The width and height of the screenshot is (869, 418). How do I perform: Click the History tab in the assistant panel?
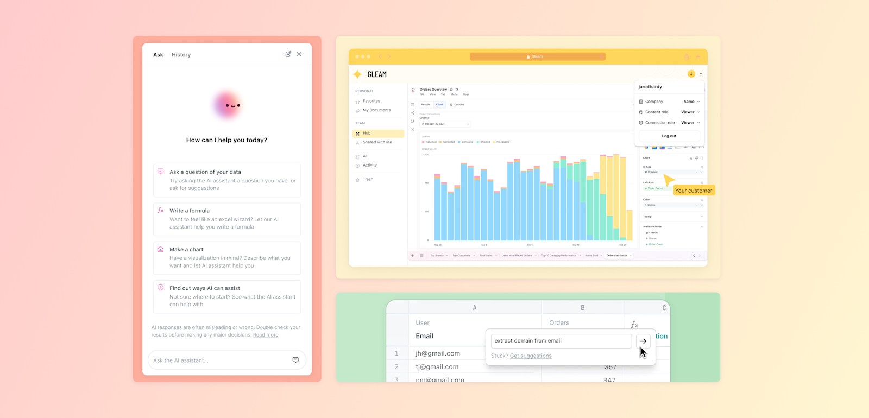click(181, 55)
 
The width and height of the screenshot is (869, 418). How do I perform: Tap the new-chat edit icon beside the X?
click(288, 54)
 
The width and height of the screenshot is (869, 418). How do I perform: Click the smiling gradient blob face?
click(228, 105)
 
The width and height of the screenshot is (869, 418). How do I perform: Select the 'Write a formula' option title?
click(189, 211)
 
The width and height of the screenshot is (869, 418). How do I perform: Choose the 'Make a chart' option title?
click(186, 250)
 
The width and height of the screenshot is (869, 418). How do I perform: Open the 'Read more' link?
click(266, 335)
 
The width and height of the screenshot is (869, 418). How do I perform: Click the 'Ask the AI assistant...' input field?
click(220, 360)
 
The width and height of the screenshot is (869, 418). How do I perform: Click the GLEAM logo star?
click(357, 74)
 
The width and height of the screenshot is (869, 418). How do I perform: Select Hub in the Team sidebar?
click(367, 134)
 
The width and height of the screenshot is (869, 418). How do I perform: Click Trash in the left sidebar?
click(368, 179)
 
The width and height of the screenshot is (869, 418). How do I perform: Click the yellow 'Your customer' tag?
click(694, 191)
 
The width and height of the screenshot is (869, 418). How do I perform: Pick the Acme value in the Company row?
click(689, 102)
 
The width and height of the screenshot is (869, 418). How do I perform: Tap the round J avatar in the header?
click(691, 74)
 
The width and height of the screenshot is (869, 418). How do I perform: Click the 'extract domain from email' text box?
click(561, 341)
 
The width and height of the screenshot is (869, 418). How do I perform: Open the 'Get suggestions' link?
click(531, 356)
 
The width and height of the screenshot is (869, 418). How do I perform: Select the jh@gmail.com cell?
click(438, 353)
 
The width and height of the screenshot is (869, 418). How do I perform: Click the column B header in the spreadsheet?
click(582, 308)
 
